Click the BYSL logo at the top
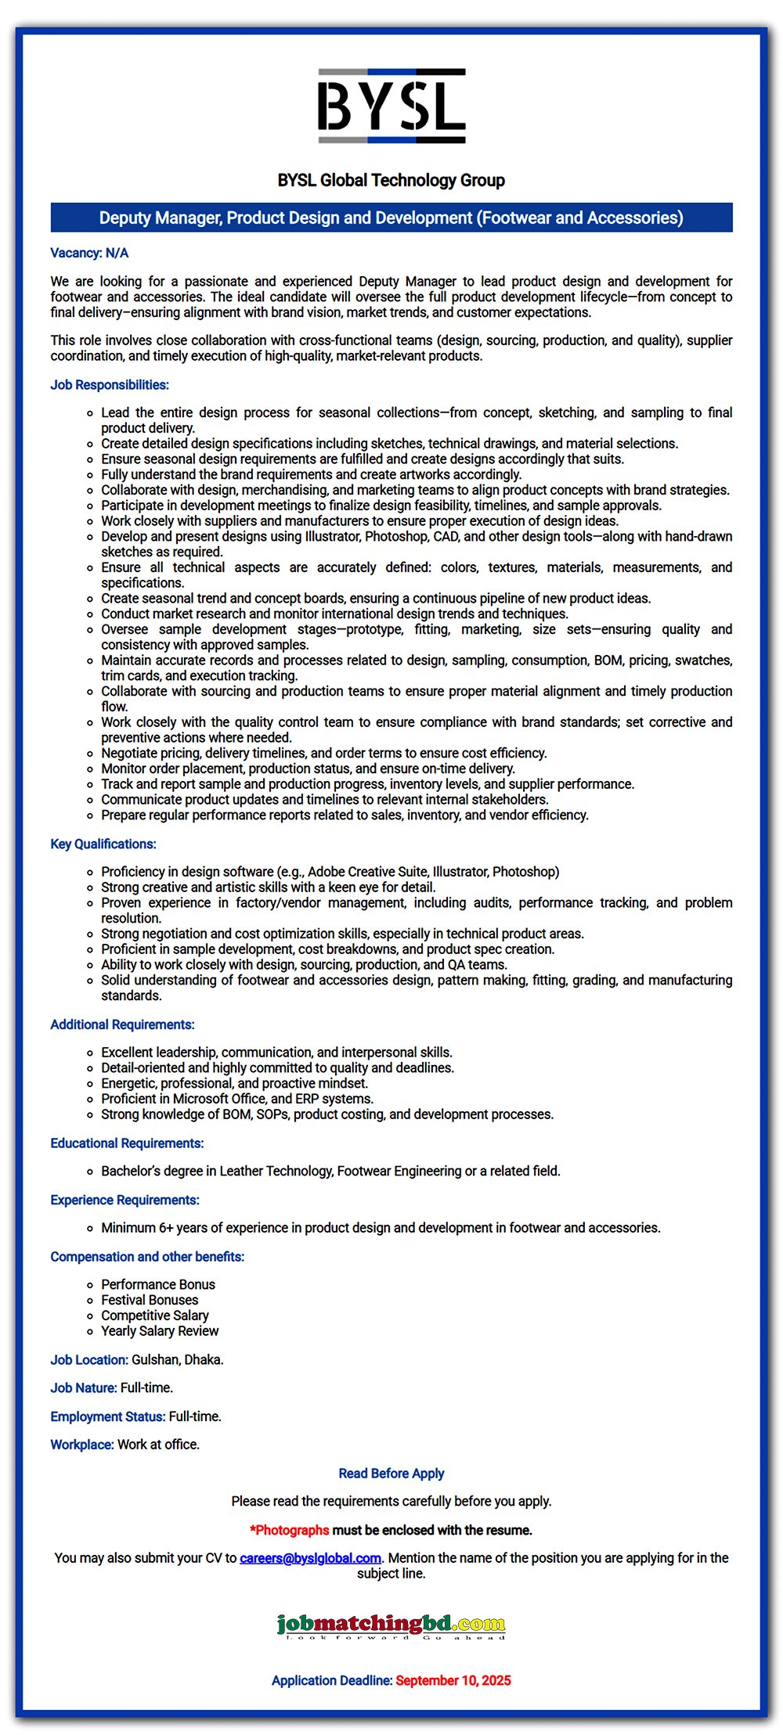tap(391, 106)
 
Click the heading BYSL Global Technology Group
tap(391, 180)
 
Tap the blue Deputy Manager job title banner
tap(391, 218)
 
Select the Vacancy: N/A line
tap(89, 253)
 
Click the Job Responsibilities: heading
tap(110, 385)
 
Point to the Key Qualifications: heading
tap(103, 844)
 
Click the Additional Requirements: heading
tap(122, 1024)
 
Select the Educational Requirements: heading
tap(127, 1143)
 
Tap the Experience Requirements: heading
tap(124, 1200)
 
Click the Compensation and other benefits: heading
tap(147, 1257)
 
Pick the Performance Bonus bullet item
tap(158, 1284)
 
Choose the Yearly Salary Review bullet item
tap(160, 1331)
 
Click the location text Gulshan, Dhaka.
tap(178, 1360)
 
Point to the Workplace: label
tap(82, 1445)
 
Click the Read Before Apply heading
tap(391, 1474)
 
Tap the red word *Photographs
tap(290, 1530)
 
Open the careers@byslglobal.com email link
tap(310, 1558)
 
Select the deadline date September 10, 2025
tap(453, 1680)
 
